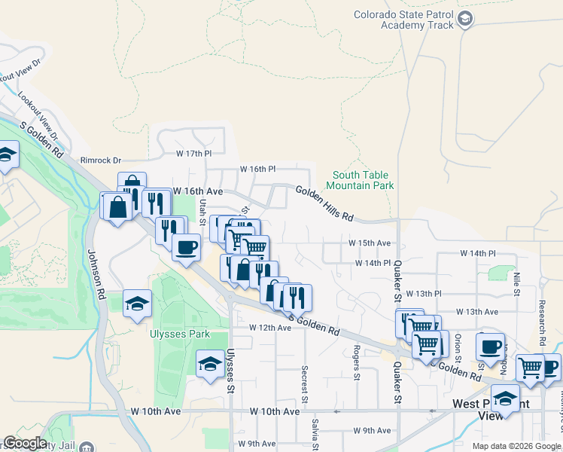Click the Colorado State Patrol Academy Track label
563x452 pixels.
coord(405,20)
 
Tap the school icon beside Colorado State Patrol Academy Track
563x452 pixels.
coord(465,19)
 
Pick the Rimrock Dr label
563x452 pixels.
coord(101,160)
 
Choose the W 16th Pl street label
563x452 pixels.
coord(258,169)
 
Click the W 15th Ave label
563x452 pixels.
coord(370,243)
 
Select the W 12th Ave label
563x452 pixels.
coord(270,328)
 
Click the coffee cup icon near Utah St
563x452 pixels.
coord(186,246)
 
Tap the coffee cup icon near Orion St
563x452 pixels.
coord(490,347)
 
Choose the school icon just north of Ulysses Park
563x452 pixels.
coord(138,304)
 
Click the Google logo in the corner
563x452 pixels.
coord(25,443)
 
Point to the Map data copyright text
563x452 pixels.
coord(516,446)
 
